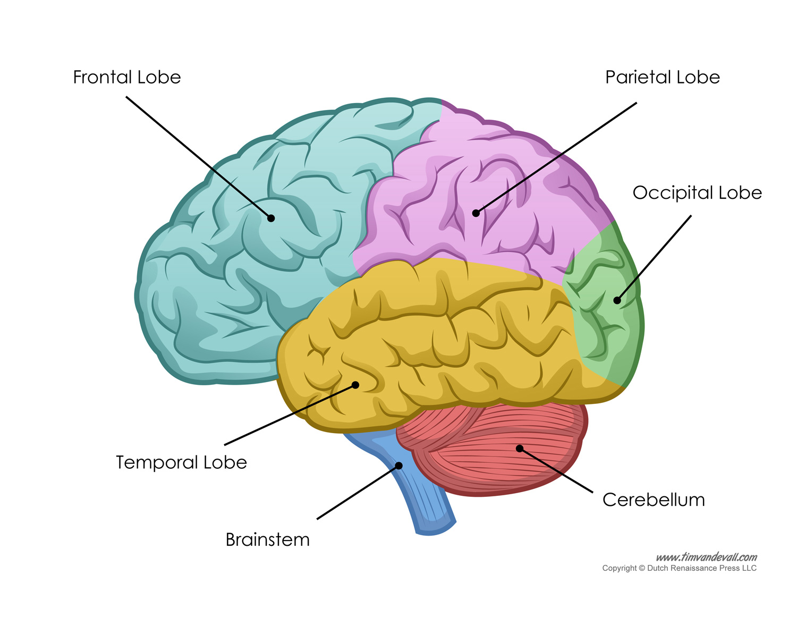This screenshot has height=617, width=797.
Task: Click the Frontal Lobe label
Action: pos(127,78)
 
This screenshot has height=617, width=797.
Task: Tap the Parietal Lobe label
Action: pos(662,78)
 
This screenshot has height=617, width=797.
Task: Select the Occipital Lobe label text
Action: pos(697,193)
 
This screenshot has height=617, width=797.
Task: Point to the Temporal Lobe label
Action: pos(181,462)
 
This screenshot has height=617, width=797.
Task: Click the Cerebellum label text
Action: pos(654,500)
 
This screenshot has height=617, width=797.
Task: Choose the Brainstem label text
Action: pos(267,540)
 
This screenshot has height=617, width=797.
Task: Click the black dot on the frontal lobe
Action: pos(271,218)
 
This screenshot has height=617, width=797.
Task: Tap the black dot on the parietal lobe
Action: pos(476,213)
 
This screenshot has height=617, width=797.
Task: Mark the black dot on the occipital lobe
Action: pos(617,300)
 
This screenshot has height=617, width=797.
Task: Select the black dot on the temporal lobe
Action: pos(355,385)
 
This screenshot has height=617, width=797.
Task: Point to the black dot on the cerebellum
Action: pos(520,449)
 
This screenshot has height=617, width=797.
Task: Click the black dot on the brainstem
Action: pos(399,466)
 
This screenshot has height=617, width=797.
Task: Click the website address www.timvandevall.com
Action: pos(706,557)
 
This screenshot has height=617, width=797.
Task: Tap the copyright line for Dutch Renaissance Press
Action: pos(679,569)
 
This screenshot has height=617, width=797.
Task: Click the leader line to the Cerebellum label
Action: pos(556,470)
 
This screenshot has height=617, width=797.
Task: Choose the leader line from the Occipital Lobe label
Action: pos(655,257)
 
